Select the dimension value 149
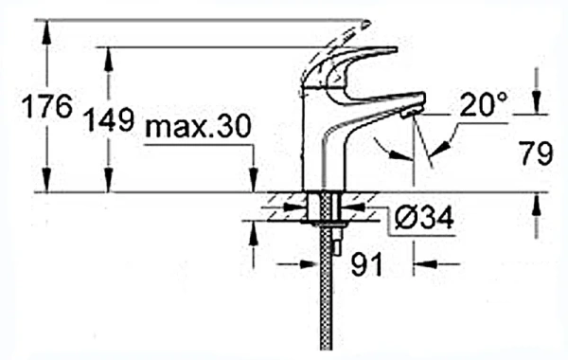click(x=109, y=119)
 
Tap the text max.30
click(x=198, y=126)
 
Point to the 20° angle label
click(x=484, y=104)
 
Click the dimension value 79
click(x=537, y=153)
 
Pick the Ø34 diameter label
click(x=424, y=218)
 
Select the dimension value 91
click(x=366, y=264)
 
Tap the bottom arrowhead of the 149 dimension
click(x=108, y=180)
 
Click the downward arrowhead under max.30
click(x=254, y=180)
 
